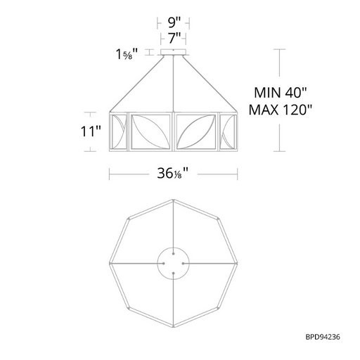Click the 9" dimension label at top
tap(174, 23)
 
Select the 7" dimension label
tap(174, 38)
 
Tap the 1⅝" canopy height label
tap(127, 54)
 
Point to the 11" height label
tap(91, 131)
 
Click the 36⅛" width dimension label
tap(173, 174)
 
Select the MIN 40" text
tap(281, 93)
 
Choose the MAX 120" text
tap(281, 110)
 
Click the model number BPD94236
tap(323, 337)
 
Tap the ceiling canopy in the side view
tap(173, 52)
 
